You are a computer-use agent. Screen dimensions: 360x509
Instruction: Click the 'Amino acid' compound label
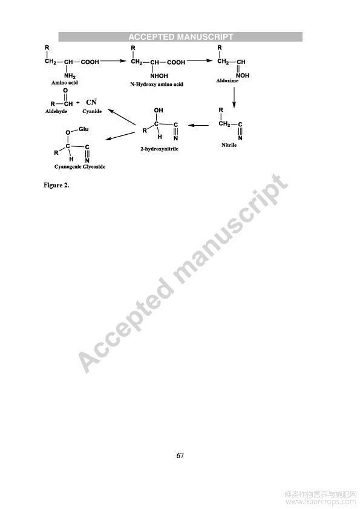(x=65, y=83)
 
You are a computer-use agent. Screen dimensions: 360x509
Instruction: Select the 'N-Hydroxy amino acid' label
(x=157, y=85)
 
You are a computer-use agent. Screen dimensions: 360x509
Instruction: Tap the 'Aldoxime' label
(x=227, y=81)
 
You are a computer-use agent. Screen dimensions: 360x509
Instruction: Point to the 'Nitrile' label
(x=229, y=145)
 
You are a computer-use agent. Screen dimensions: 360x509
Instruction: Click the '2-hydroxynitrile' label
(x=159, y=149)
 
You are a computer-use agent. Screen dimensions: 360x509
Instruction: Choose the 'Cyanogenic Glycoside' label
(x=80, y=167)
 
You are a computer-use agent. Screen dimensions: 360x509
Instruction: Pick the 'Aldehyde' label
(x=56, y=111)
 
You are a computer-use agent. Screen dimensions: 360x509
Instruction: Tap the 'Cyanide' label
(x=92, y=111)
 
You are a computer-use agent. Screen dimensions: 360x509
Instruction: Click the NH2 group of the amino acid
(x=70, y=76)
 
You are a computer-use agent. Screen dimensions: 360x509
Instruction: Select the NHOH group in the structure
(x=159, y=76)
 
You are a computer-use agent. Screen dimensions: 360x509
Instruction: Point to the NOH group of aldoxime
(x=243, y=76)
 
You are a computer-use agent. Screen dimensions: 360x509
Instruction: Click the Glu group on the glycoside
(x=83, y=129)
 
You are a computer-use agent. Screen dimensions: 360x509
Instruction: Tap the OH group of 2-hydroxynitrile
(x=159, y=111)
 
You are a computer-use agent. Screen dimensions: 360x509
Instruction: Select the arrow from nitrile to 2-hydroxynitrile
(x=198, y=125)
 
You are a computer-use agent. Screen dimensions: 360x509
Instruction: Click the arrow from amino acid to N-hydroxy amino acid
(x=113, y=61)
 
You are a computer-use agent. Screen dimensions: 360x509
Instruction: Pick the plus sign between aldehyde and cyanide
(x=77, y=103)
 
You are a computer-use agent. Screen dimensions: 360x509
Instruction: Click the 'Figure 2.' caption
(x=56, y=186)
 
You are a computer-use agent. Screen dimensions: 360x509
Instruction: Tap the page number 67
(x=180, y=456)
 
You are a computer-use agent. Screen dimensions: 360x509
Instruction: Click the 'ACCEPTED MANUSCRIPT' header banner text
(x=181, y=37)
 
